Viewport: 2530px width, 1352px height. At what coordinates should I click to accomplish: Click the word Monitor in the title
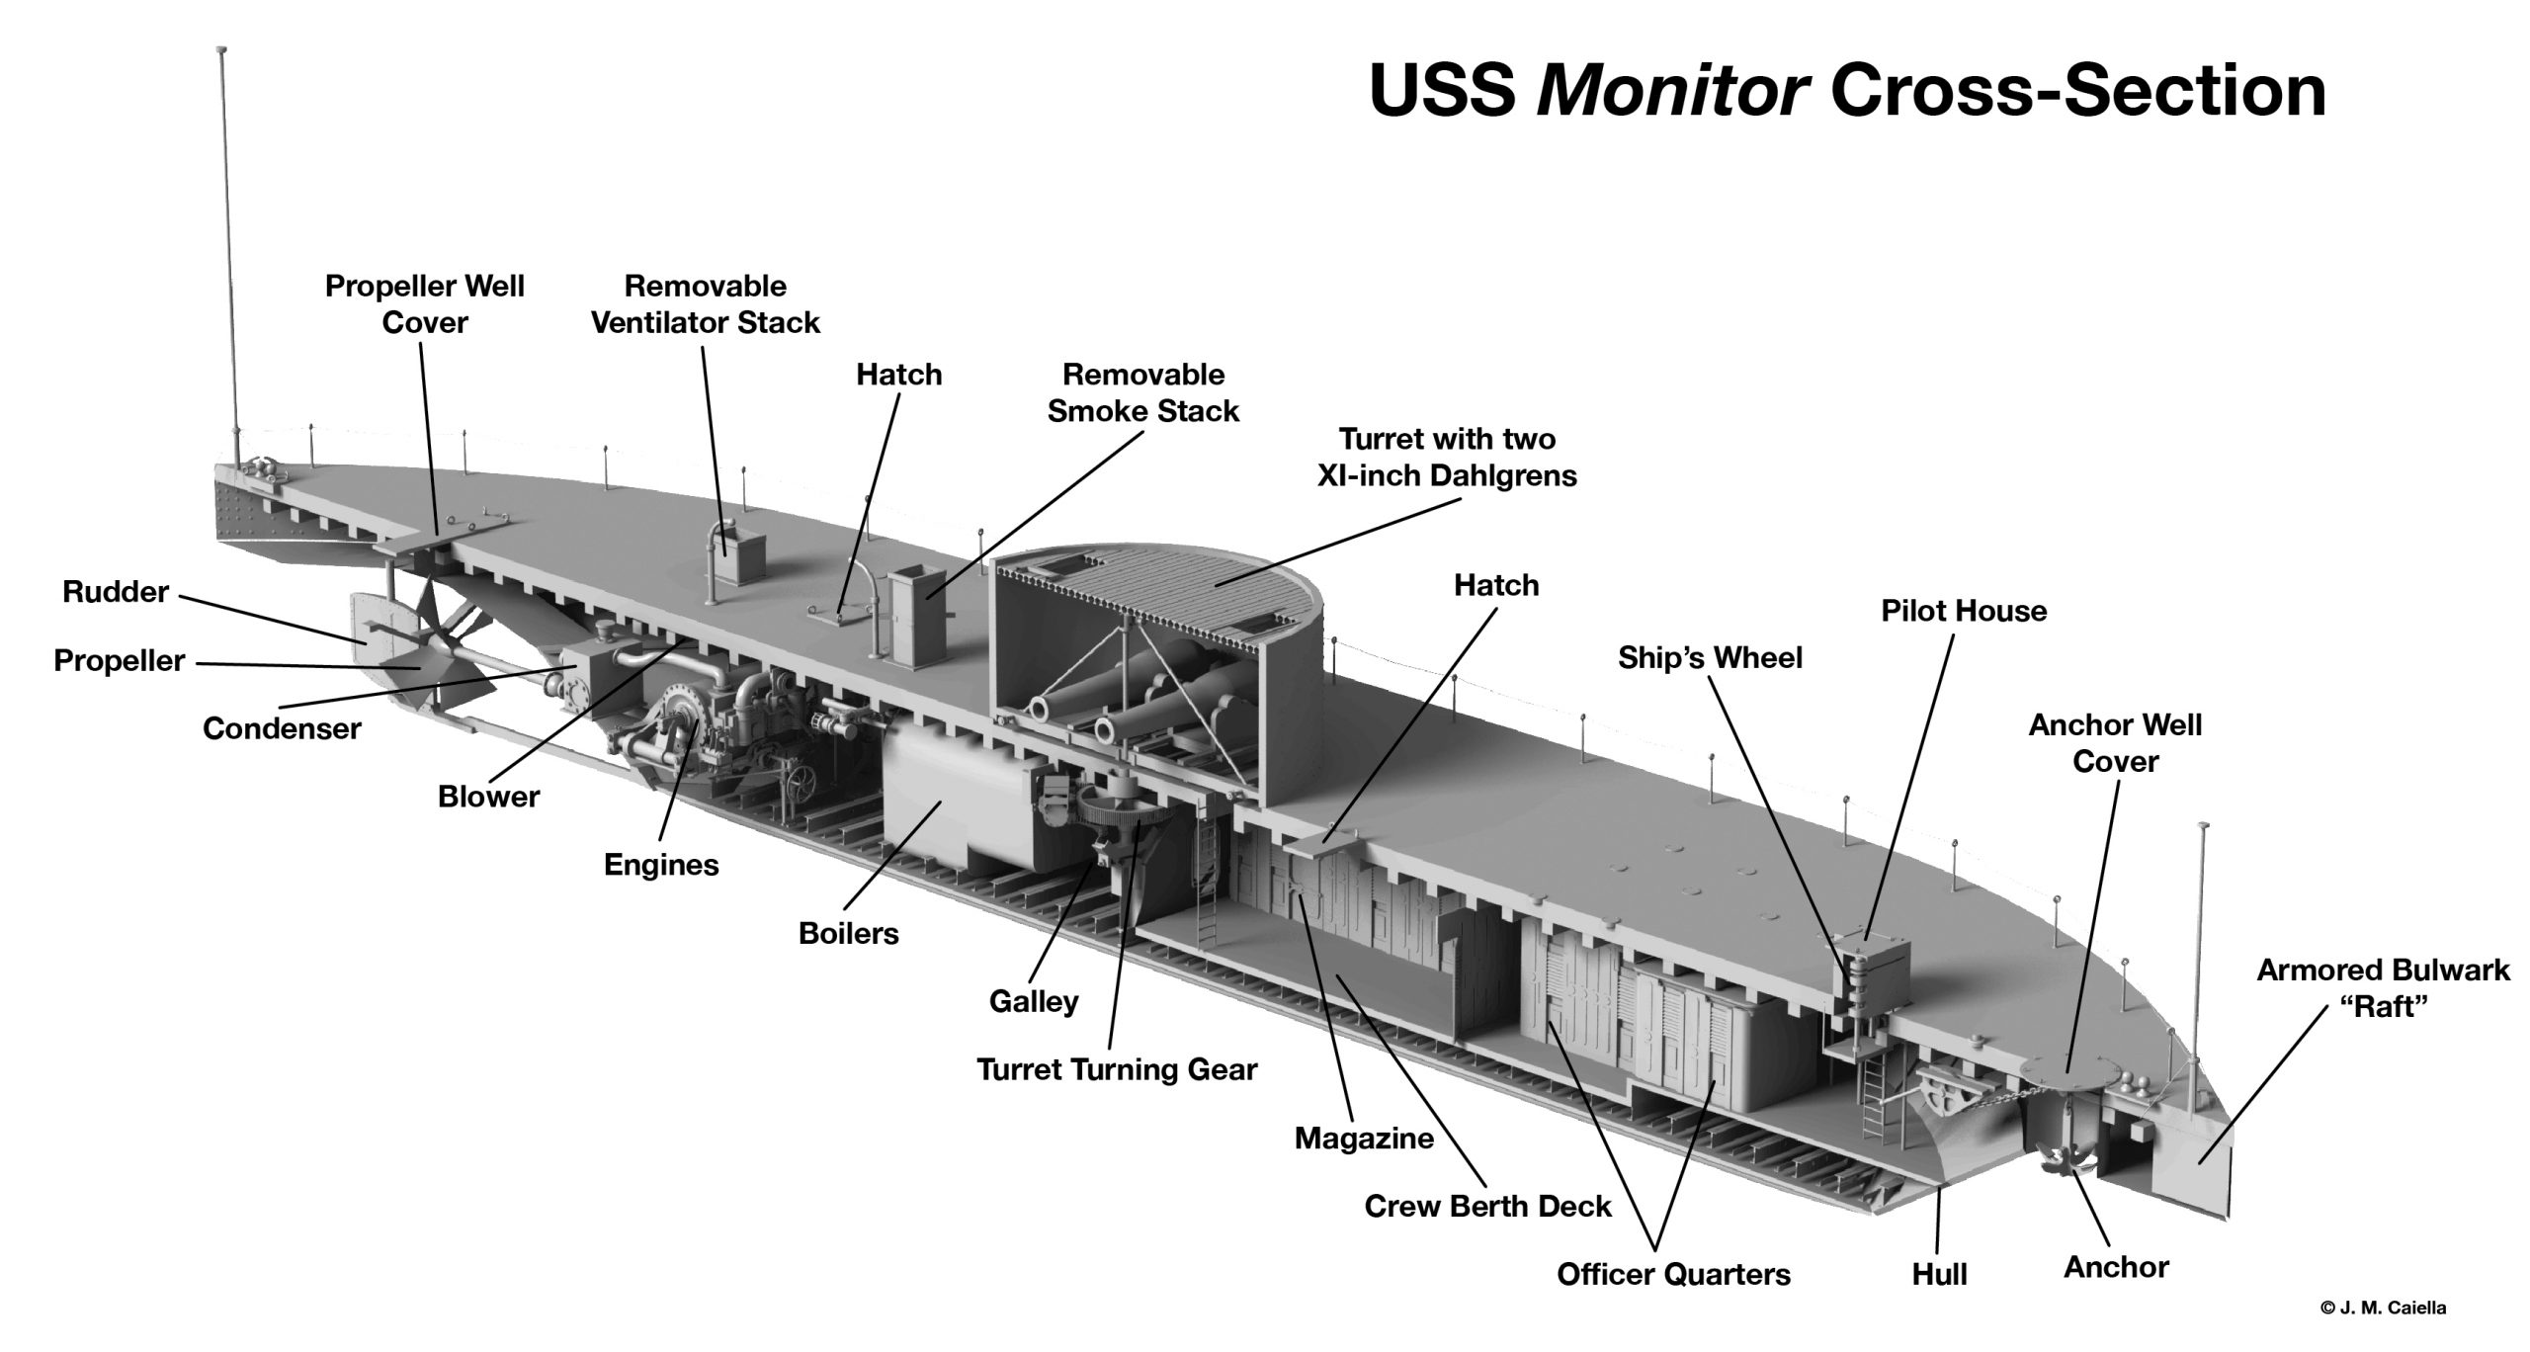click(1672, 91)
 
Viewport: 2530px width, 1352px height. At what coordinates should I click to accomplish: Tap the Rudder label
click(116, 592)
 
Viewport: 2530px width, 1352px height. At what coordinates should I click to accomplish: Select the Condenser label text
click(282, 728)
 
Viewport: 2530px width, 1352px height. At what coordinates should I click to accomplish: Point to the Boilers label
click(848, 933)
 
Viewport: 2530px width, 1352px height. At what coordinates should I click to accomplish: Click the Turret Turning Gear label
click(1117, 1069)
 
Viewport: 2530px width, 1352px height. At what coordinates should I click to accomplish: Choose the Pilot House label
click(1963, 611)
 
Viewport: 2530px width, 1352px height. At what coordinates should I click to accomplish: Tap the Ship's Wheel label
click(1710, 657)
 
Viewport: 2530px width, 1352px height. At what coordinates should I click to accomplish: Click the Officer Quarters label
click(1673, 1274)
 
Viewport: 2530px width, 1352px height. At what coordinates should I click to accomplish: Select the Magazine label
click(1364, 1138)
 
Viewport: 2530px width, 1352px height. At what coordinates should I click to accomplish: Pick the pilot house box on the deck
click(1873, 973)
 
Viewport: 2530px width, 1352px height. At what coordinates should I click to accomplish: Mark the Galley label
click(1033, 1001)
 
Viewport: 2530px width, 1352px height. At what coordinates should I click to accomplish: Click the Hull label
click(1939, 1274)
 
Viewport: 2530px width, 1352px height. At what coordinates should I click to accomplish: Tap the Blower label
click(488, 797)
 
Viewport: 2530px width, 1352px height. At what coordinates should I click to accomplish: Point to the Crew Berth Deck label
click(1487, 1206)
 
